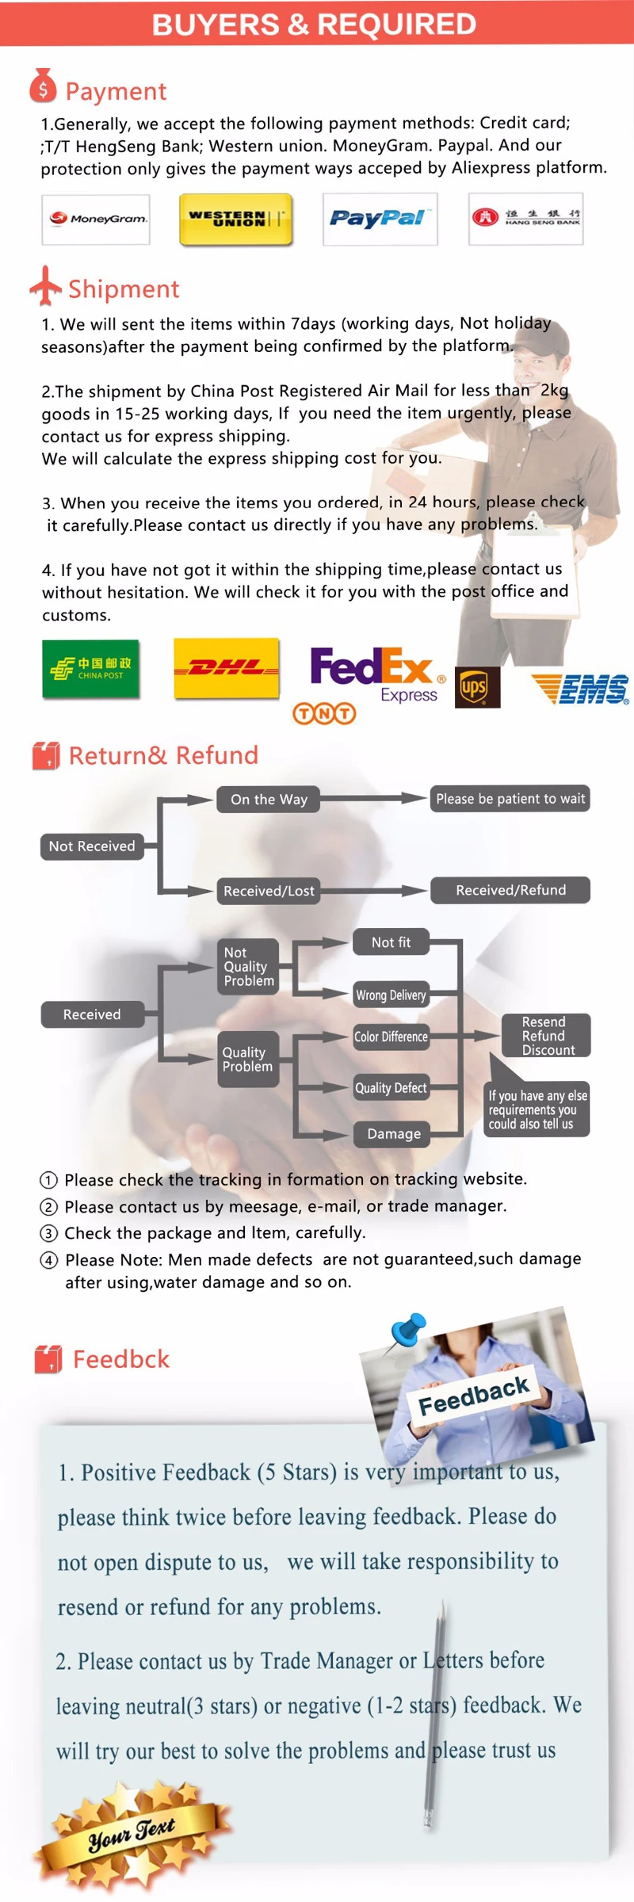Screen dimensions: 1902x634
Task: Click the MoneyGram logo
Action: (96, 219)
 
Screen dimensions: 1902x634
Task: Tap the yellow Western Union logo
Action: (235, 219)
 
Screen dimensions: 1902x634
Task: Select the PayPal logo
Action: (380, 219)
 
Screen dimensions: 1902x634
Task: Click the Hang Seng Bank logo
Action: (526, 218)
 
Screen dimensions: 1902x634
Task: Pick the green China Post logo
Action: (90, 669)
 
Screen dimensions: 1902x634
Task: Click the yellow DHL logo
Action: (227, 668)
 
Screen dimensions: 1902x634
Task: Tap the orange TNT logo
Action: (324, 713)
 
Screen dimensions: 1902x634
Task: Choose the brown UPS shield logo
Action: (477, 686)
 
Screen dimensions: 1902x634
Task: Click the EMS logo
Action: (582, 689)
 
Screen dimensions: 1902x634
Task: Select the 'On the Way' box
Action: (269, 799)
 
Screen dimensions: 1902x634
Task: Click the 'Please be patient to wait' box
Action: (510, 799)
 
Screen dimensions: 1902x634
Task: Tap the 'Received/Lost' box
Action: (269, 891)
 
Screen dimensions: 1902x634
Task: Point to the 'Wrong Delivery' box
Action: (391, 995)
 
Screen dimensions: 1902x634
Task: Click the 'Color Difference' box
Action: (391, 1037)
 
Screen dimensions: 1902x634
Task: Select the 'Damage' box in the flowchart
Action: (393, 1134)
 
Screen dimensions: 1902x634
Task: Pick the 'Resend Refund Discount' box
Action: (545, 1036)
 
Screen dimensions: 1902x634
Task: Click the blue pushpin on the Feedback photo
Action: (409, 1328)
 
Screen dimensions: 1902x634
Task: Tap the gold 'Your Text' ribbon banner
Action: (131, 1831)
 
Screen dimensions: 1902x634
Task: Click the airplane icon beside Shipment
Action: (46, 286)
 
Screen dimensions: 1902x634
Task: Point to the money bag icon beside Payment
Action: (43, 87)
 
